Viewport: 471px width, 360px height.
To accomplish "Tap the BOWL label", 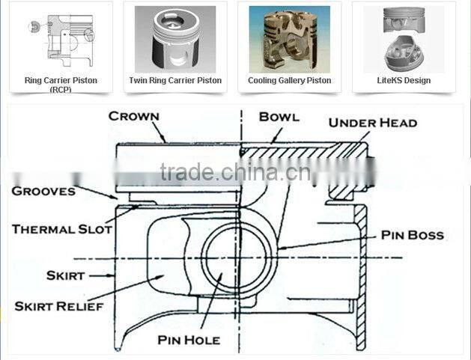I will (279, 117).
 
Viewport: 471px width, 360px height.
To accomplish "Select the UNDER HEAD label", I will (372, 123).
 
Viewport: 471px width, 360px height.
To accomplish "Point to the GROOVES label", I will (43, 191).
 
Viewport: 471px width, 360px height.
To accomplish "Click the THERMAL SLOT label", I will (61, 229).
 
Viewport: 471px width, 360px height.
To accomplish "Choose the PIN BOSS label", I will (412, 235).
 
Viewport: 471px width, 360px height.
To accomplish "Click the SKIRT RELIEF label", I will (59, 306).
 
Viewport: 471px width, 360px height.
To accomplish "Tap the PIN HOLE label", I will (189, 340).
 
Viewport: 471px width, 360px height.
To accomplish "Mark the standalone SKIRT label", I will (65, 275).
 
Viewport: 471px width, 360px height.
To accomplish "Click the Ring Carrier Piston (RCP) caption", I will (61, 84).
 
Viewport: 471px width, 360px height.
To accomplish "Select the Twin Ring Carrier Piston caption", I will (174, 80).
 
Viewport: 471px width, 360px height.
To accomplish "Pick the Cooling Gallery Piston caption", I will (289, 80).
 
